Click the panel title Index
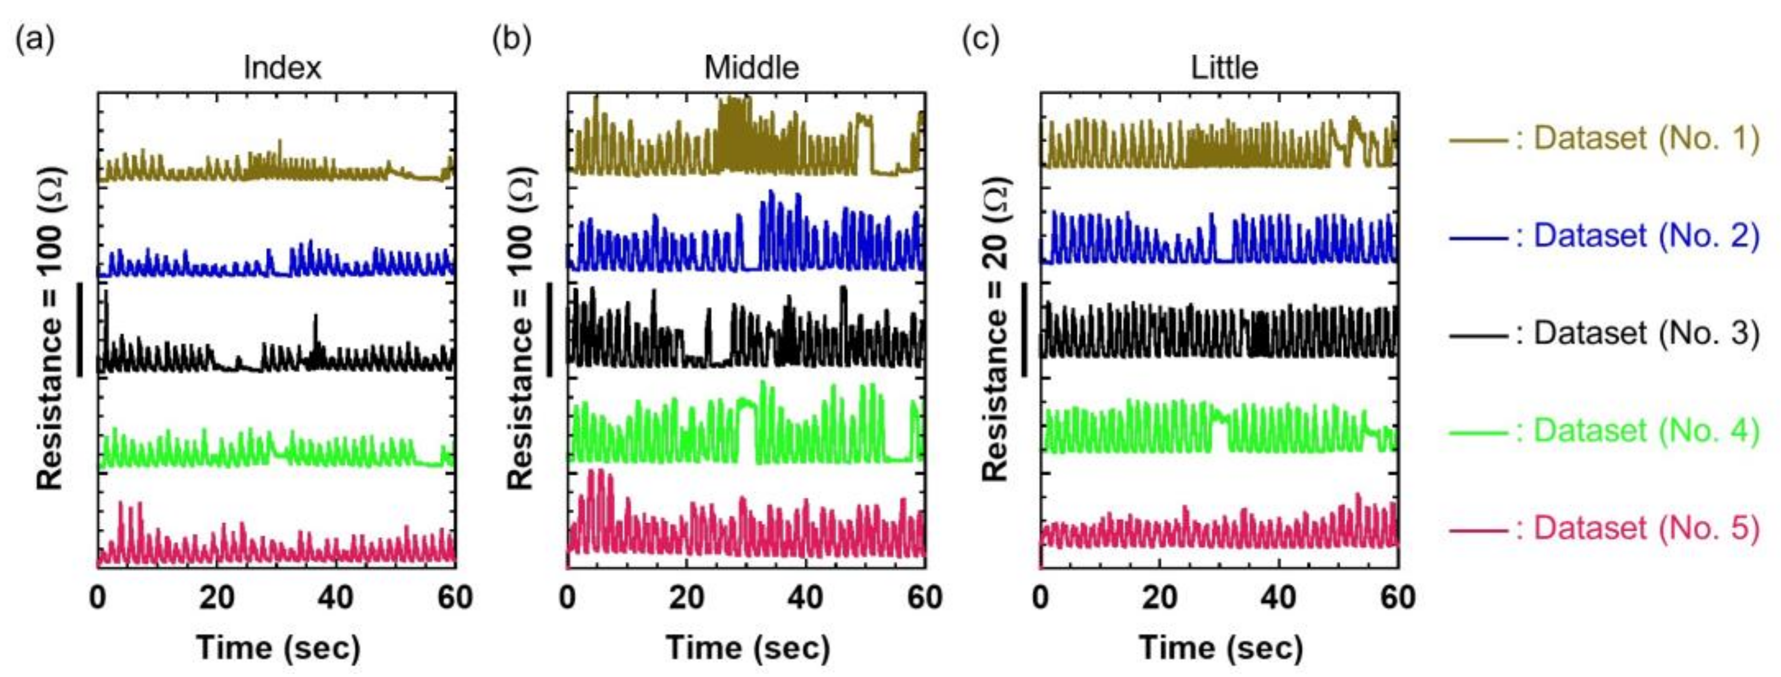282,68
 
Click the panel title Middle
752,68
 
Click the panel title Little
1224,68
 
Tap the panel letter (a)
34,39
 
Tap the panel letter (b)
511,39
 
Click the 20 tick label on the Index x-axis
217,598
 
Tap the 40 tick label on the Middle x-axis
806,598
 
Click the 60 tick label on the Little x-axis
1397,598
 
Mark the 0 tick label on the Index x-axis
98,598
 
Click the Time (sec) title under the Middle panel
747,648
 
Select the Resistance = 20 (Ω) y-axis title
996,330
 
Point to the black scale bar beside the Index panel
80,329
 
